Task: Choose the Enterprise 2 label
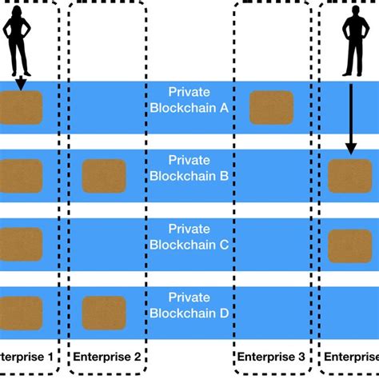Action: coord(107,356)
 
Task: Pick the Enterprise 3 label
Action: coord(271,356)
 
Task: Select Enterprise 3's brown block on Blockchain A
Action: coord(271,107)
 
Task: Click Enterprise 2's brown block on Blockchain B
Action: coord(104,176)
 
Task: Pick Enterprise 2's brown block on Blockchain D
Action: coord(104,313)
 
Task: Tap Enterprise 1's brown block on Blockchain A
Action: coord(21,107)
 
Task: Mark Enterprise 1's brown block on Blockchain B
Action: coord(21,176)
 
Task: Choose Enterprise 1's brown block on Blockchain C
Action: coord(21,244)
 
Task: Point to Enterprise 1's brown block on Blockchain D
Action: coord(21,313)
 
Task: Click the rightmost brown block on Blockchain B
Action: coord(350,176)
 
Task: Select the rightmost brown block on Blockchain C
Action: coord(350,245)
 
